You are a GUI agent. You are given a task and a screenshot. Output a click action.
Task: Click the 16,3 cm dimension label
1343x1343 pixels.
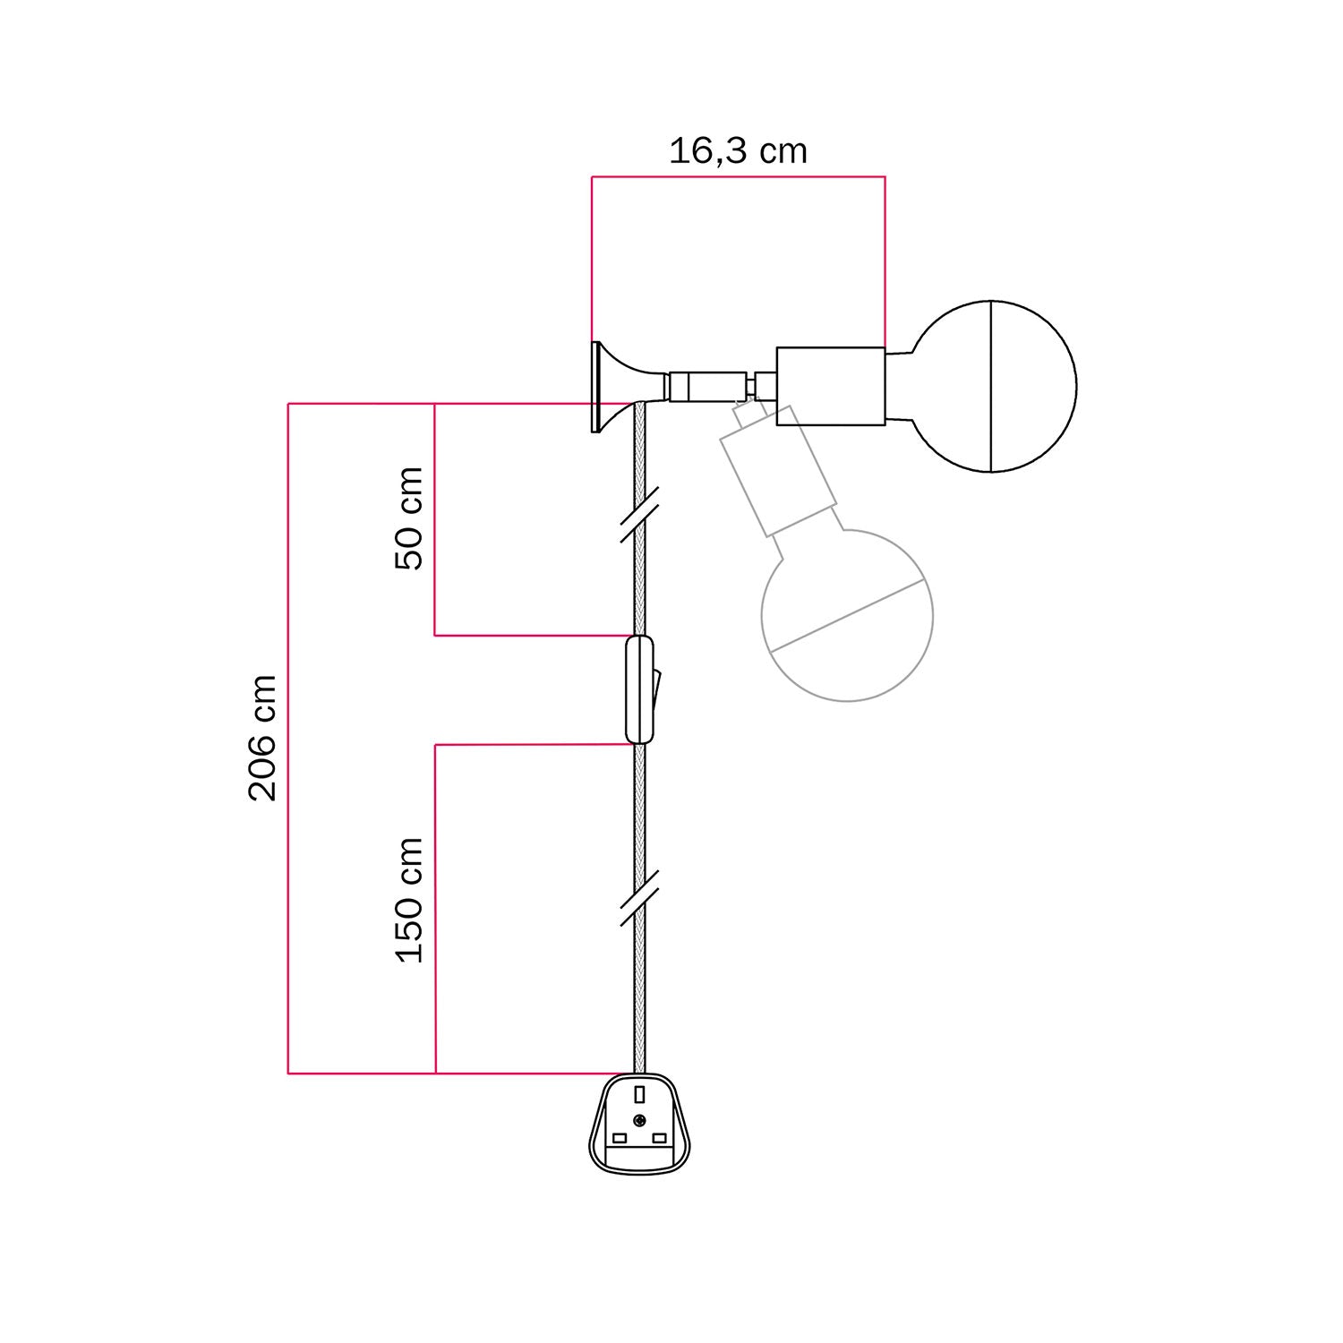(x=738, y=151)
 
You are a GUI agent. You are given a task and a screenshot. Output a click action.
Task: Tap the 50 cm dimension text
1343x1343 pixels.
(x=409, y=518)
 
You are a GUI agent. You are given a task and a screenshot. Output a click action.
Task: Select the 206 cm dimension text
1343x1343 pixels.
(x=262, y=738)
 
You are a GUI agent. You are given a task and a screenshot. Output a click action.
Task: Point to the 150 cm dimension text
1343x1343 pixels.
(x=409, y=900)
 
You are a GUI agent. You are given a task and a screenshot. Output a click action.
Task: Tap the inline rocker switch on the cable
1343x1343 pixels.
(x=639, y=689)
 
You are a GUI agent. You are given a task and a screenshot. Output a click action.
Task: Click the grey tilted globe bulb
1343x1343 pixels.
(x=846, y=615)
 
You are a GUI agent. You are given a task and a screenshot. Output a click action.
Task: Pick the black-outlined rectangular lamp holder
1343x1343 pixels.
(x=830, y=386)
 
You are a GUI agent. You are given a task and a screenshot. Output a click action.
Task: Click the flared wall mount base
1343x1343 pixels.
(x=613, y=386)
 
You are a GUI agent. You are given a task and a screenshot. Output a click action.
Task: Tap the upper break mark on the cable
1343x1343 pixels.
(x=639, y=515)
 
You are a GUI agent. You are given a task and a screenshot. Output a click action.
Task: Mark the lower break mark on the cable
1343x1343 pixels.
(x=639, y=896)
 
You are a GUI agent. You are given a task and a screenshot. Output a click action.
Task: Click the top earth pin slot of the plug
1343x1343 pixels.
(x=639, y=1094)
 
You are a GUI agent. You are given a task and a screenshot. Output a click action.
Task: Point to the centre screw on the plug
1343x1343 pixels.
(x=639, y=1121)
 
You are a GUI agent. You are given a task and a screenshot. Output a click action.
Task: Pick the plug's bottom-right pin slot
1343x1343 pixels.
(x=660, y=1138)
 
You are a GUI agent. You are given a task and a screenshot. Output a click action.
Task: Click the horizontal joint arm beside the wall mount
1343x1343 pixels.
(x=707, y=386)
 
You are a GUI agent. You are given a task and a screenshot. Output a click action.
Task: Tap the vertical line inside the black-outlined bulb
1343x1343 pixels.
(x=991, y=386)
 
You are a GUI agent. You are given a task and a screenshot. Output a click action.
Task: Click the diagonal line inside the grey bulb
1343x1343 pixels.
(x=846, y=615)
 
